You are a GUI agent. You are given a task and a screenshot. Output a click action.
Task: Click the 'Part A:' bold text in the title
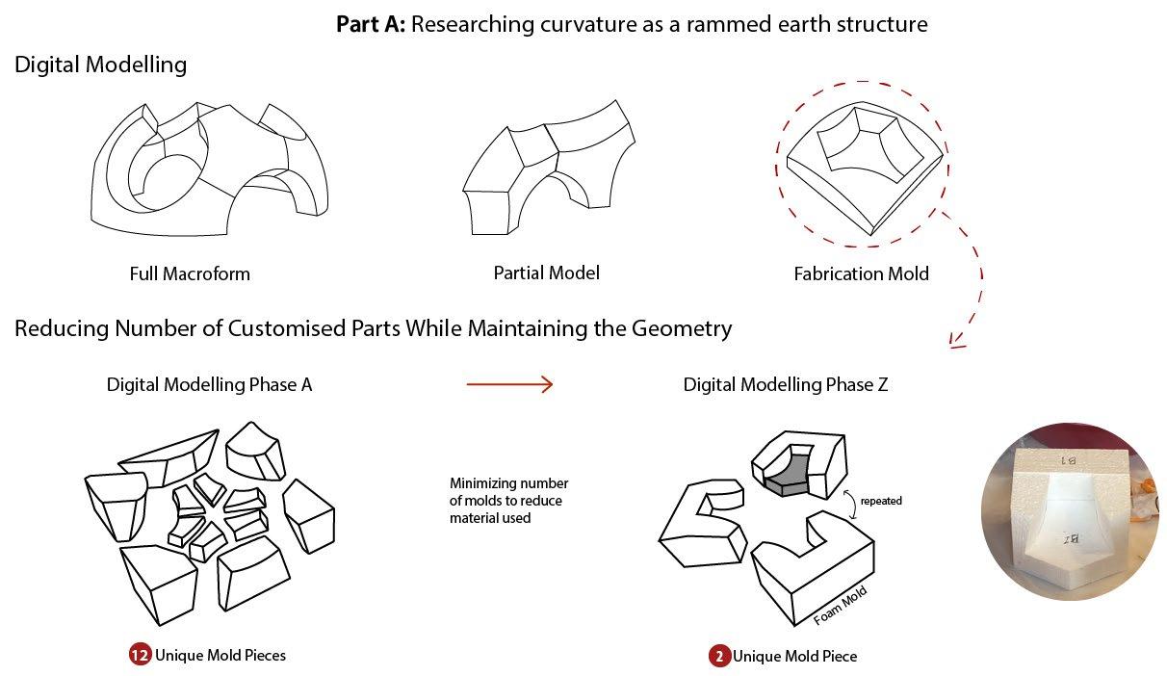point(371,24)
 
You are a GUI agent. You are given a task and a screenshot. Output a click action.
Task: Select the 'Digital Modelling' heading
point(100,65)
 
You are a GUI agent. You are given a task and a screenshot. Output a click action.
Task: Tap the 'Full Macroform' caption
point(190,273)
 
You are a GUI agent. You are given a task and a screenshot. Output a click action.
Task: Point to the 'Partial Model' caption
point(546,273)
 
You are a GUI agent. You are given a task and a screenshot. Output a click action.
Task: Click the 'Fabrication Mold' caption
point(861,273)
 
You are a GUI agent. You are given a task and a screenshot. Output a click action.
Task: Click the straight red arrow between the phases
point(509,385)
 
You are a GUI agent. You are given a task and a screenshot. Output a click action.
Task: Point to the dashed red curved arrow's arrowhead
point(957,339)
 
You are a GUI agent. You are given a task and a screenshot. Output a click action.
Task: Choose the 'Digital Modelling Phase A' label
point(209,385)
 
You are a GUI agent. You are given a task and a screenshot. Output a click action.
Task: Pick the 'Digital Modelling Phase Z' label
point(786,385)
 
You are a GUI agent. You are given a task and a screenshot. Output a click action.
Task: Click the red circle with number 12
point(140,656)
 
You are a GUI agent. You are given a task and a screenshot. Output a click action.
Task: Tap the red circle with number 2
point(719,657)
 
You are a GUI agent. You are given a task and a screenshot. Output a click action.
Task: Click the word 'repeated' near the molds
point(880,501)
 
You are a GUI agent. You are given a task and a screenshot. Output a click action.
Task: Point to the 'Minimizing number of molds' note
point(508,501)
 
